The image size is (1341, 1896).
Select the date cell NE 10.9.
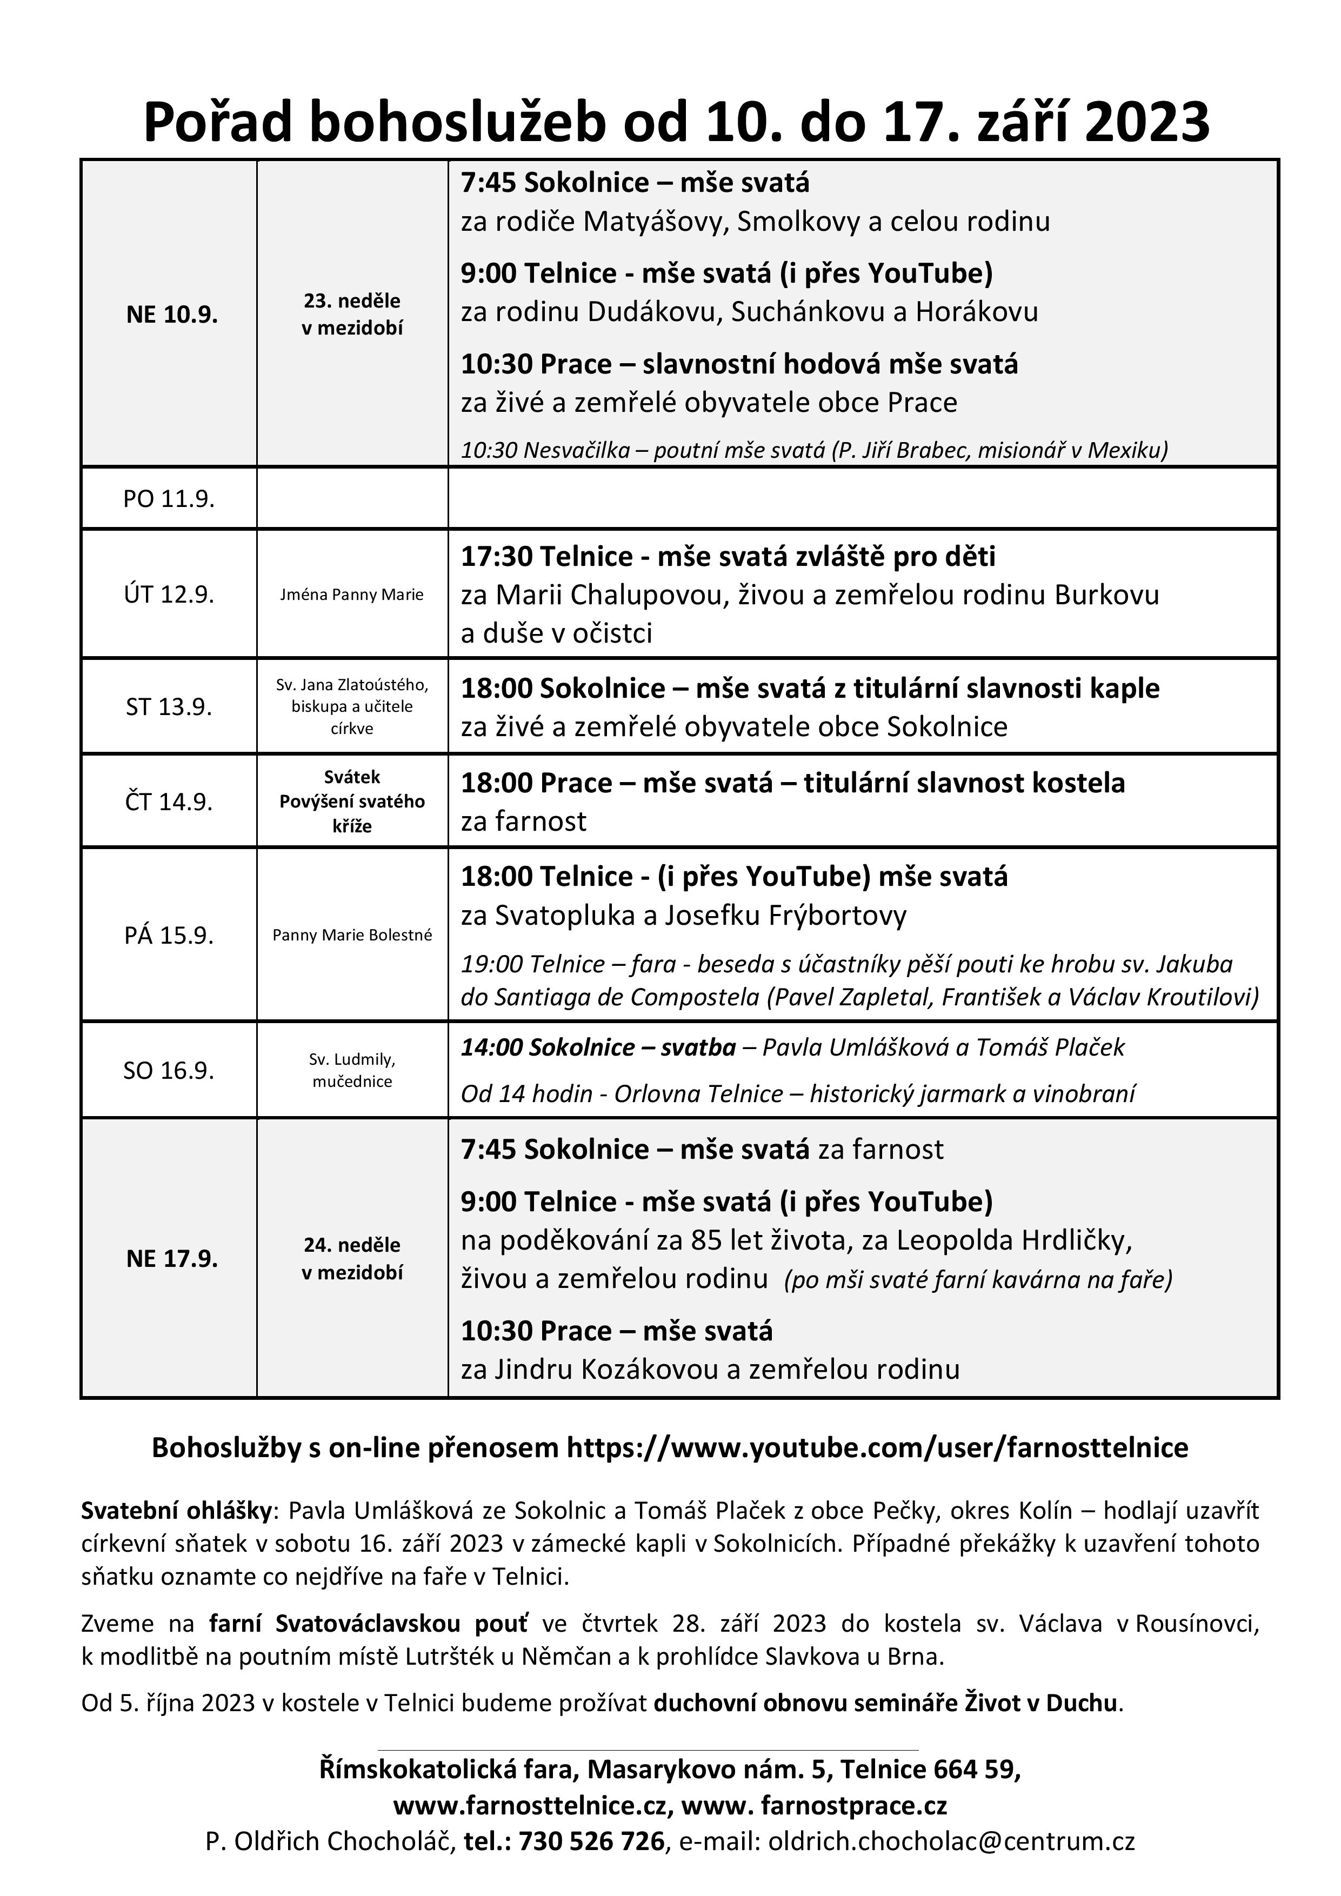pos(172,315)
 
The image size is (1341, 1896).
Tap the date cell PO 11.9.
pos(169,499)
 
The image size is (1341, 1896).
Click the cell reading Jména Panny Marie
pos(352,595)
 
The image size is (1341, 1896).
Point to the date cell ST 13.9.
pos(169,707)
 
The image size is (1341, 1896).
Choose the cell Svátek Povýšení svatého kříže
pos(352,801)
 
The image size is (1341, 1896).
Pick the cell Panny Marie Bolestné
pos(352,935)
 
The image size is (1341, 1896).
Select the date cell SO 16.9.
pos(169,1070)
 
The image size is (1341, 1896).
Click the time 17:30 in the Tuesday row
pos(496,557)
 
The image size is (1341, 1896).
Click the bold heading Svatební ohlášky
pos(176,1510)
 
